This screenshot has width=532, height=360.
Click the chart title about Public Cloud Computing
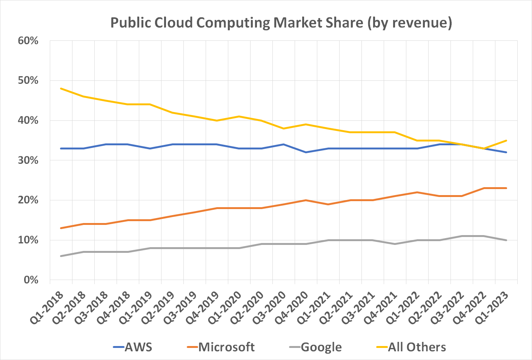click(x=281, y=23)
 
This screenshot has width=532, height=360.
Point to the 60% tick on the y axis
click(x=28, y=41)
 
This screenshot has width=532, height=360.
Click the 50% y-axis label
click(x=28, y=81)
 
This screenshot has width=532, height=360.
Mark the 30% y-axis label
click(x=28, y=160)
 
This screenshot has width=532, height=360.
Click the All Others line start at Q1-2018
click(x=61, y=88)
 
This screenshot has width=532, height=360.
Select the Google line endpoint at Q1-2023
click(x=506, y=240)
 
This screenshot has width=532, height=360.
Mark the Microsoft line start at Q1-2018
click(x=61, y=228)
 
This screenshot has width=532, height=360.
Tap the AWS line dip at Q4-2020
click(x=306, y=152)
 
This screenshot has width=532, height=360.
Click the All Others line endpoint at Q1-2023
click(x=506, y=140)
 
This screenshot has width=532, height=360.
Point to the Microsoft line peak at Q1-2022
click(x=417, y=192)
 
